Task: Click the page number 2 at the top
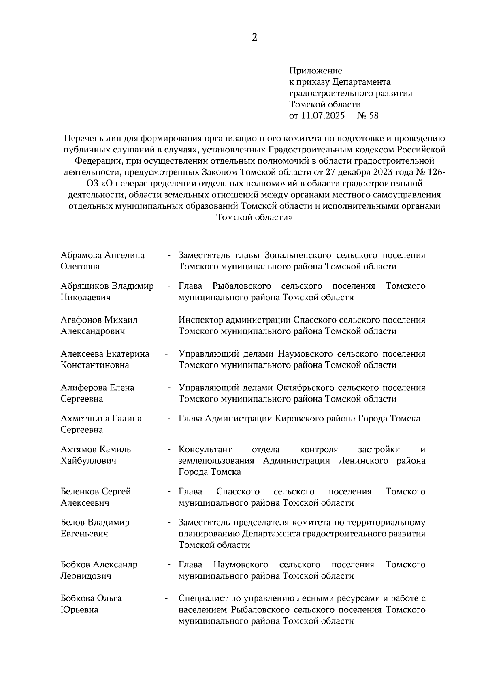254,38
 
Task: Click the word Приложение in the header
315,71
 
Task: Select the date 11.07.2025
323,115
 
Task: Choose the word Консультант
205,449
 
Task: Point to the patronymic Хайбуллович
88,461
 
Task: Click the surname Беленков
79,491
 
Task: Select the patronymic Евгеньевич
84,534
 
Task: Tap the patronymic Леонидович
86,576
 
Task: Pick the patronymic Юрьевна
79,610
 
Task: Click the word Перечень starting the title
83,138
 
